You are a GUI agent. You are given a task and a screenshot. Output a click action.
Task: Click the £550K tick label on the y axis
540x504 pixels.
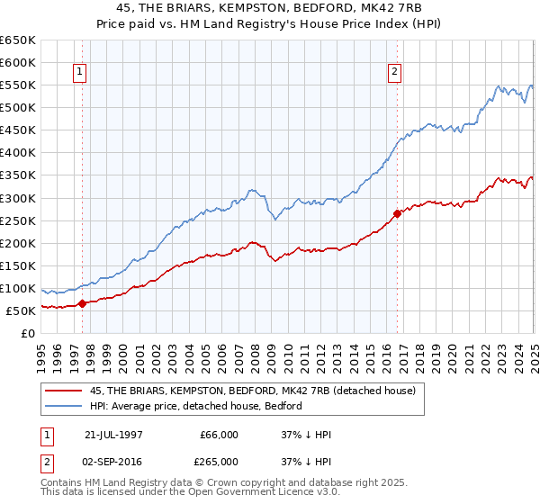click(19, 85)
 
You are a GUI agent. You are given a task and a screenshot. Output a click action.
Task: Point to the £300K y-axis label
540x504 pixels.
click(19, 198)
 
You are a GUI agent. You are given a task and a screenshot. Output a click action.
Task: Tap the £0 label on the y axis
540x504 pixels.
click(28, 334)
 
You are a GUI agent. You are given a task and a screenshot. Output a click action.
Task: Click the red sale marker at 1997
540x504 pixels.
click(82, 303)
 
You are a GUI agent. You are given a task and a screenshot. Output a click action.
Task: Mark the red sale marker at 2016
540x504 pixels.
click(397, 213)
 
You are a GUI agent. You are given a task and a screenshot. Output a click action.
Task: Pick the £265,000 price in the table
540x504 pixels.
click(220, 461)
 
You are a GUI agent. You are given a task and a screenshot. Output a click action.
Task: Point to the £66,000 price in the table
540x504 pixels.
click(220, 435)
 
